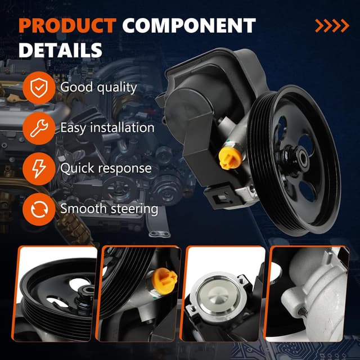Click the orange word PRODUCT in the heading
(67, 25)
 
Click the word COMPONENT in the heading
(189, 25)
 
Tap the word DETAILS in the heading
(60, 50)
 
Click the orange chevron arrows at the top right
(332, 26)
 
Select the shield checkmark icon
(39, 88)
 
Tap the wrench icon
(39, 128)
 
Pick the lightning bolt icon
(39, 169)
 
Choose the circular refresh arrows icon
(39, 209)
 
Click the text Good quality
(98, 88)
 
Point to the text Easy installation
(107, 128)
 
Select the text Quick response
(106, 168)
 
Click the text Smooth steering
(109, 209)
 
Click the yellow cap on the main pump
(230, 157)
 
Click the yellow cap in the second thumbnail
(164, 281)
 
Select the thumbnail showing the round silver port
(222, 294)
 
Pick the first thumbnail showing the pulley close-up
(55, 294)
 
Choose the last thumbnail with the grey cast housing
(307, 294)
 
